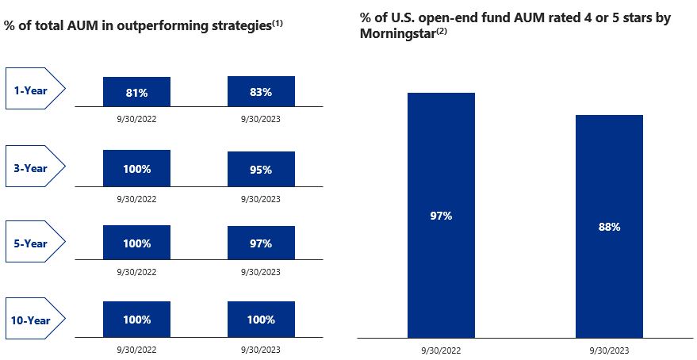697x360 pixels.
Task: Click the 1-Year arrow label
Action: coord(33,90)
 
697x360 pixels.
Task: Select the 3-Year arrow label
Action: coord(33,167)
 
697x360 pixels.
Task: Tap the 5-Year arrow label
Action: coord(33,243)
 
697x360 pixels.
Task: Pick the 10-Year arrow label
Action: coord(33,320)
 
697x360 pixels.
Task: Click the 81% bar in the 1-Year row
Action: coord(136,92)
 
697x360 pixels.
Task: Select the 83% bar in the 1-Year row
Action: coord(261,91)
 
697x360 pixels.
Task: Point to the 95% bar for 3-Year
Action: coord(261,169)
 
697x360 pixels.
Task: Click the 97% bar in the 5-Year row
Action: coord(261,244)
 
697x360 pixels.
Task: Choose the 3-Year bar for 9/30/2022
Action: coord(136,168)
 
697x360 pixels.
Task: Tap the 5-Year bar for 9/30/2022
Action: coord(136,244)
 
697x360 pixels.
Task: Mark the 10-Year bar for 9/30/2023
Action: coord(261,320)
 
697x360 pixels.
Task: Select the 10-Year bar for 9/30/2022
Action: coord(136,320)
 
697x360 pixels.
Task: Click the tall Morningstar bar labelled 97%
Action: coord(441,215)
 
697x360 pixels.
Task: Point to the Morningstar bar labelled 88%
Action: coord(609,226)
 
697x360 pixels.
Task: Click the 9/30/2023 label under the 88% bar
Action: coord(609,349)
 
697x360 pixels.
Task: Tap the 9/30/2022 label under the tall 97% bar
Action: coord(441,349)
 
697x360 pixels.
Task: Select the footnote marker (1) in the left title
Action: coord(278,23)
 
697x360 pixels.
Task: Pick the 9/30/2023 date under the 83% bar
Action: coord(261,120)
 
